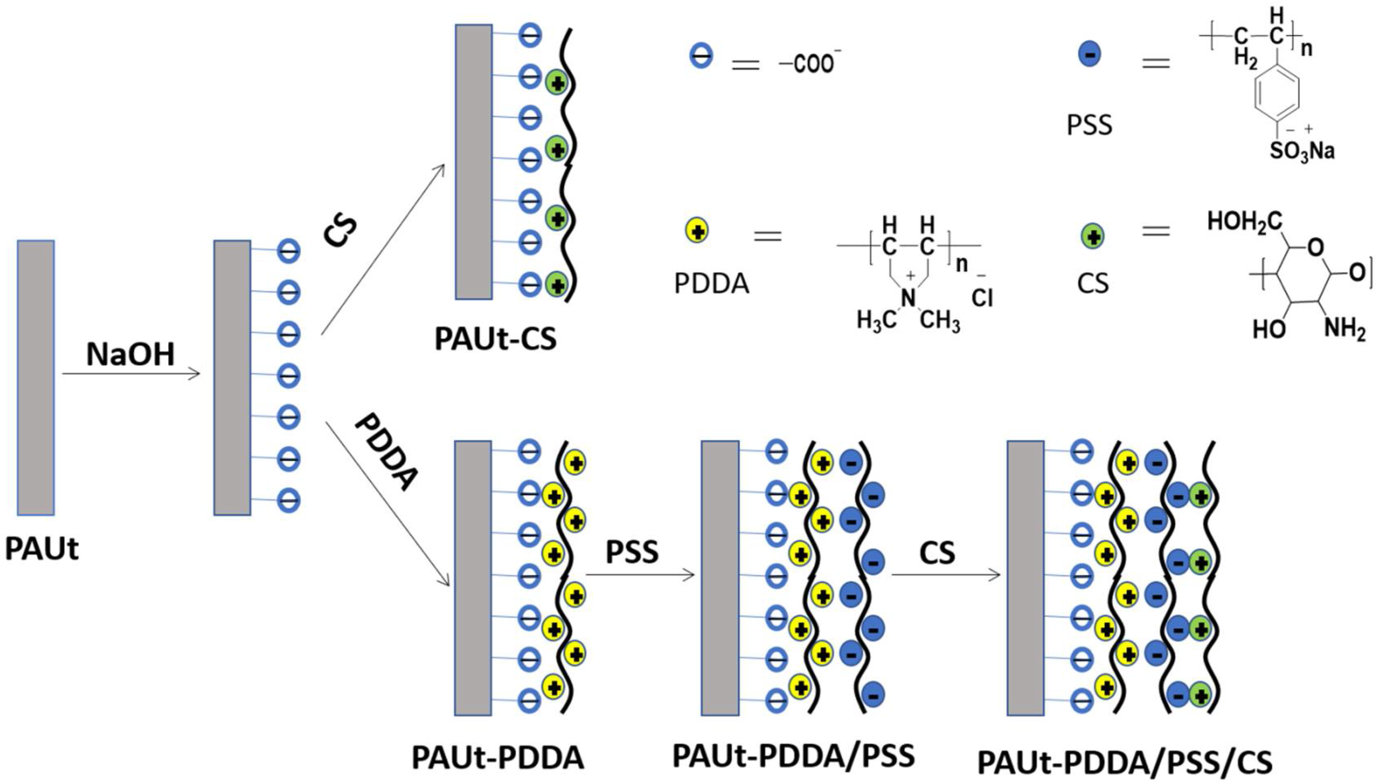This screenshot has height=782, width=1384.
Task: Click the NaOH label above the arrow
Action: (x=131, y=355)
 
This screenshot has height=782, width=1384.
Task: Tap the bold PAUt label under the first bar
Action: (x=42, y=549)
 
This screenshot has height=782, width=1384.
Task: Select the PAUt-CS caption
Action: (x=496, y=339)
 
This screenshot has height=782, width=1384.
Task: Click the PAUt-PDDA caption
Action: (x=498, y=758)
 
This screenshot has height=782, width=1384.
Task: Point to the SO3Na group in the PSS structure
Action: (x=1302, y=152)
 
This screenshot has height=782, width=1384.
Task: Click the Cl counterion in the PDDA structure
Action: (x=982, y=297)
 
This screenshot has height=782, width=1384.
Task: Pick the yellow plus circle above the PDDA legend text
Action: (x=697, y=231)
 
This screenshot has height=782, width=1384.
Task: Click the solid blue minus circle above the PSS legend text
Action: (x=1090, y=54)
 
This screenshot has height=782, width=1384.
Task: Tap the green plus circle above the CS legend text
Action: (x=1093, y=236)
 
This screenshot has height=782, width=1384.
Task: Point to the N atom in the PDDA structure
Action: (x=908, y=297)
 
